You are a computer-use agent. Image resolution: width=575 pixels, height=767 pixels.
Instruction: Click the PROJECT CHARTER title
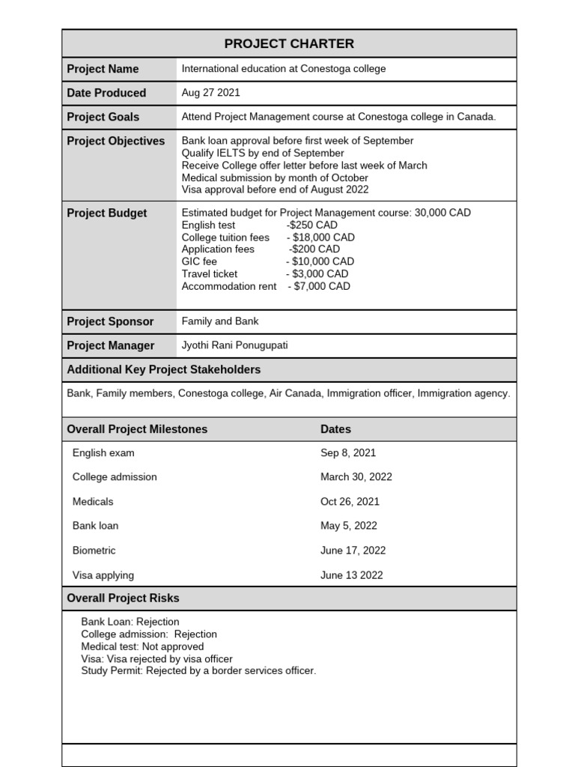[x=289, y=43]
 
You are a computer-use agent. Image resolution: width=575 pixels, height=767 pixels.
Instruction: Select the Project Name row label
[x=103, y=69]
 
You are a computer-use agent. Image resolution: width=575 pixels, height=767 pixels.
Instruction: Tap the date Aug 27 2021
[x=210, y=93]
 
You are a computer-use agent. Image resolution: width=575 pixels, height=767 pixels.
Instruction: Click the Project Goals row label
[x=103, y=117]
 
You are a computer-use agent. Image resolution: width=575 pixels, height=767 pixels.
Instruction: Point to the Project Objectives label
[x=115, y=141]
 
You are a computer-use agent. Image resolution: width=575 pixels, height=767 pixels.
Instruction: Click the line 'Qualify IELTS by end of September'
[x=263, y=153]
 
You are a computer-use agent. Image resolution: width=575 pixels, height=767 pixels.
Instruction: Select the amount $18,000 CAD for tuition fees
[x=324, y=237]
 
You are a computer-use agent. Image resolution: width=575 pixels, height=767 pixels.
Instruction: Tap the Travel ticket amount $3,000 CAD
[x=320, y=273]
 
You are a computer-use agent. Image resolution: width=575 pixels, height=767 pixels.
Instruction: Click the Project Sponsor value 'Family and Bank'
[x=220, y=321]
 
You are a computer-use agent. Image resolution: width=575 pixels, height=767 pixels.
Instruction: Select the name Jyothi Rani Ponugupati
[x=234, y=345]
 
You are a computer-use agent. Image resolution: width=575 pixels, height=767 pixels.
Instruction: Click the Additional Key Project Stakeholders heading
[x=163, y=370]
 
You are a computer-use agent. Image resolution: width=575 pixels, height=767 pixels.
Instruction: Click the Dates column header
[x=335, y=429]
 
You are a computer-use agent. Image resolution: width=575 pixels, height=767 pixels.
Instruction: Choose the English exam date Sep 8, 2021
[x=348, y=453]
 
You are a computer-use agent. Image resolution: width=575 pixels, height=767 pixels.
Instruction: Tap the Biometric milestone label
[x=94, y=551]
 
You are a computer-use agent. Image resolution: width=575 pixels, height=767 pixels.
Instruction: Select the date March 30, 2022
[x=356, y=477]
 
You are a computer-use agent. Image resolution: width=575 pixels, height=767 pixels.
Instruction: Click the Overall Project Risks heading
[x=123, y=598]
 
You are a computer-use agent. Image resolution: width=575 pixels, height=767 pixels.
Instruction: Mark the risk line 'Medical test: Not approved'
[x=142, y=646]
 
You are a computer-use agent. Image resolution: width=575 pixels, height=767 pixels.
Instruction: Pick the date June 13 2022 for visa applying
[x=351, y=575]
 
